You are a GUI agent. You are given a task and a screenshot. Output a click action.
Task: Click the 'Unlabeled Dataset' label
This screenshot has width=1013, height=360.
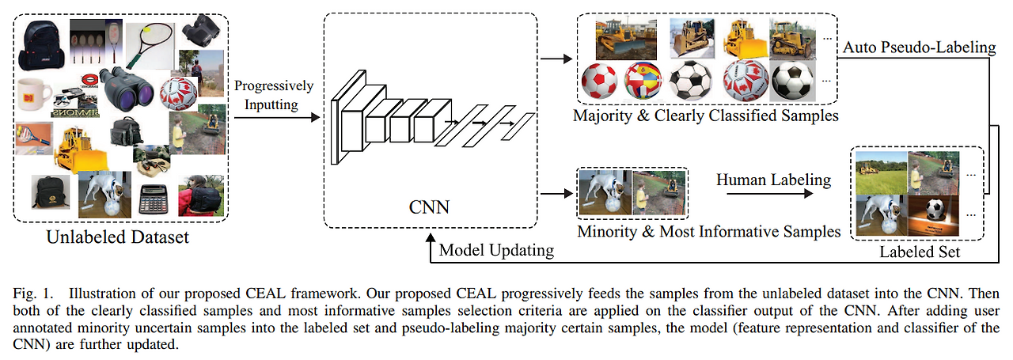click(x=117, y=237)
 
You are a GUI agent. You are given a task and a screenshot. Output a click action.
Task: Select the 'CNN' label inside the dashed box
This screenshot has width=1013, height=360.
click(x=430, y=208)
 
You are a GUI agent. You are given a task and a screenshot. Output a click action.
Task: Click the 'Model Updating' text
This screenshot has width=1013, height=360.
click(x=497, y=251)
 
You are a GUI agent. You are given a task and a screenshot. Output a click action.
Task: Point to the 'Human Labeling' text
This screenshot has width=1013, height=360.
click(x=773, y=180)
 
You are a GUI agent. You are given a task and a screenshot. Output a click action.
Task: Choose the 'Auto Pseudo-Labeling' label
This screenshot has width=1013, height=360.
click(x=919, y=47)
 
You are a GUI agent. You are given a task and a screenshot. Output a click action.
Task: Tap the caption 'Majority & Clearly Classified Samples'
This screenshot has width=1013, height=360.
click(x=706, y=116)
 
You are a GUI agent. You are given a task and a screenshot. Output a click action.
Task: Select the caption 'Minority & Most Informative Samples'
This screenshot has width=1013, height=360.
click(x=708, y=231)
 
